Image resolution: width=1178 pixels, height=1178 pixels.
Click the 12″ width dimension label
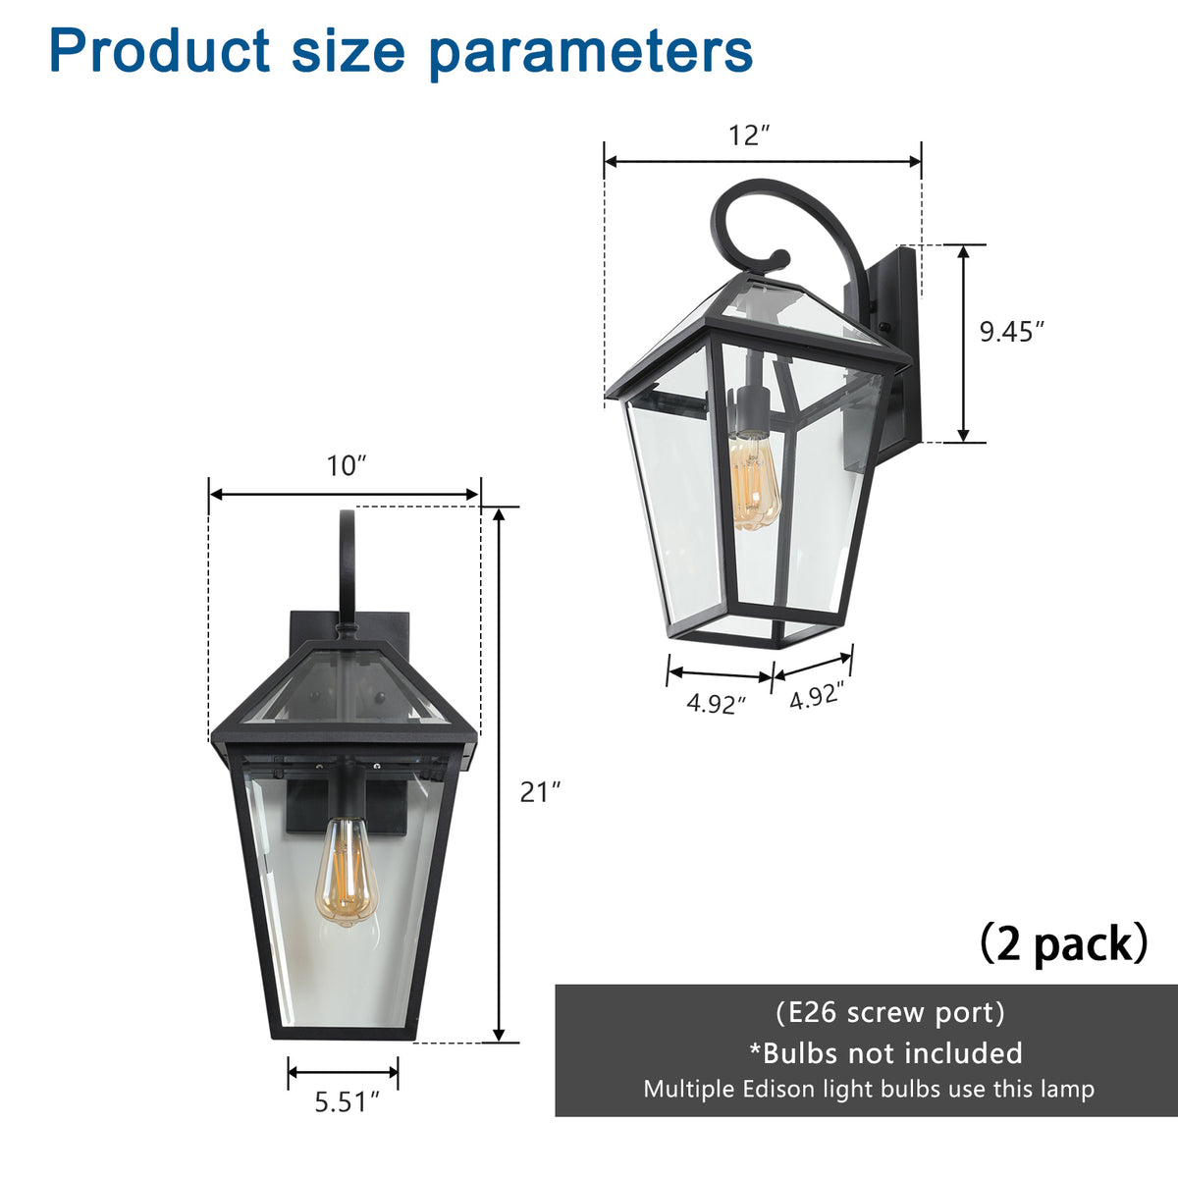[x=749, y=134]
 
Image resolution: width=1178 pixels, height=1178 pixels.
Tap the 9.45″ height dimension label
[x=1010, y=332]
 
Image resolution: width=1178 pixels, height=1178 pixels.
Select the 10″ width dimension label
[x=347, y=465]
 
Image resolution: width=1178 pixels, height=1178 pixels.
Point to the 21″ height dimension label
[x=540, y=791]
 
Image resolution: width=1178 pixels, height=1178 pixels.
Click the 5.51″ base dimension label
[x=347, y=1102]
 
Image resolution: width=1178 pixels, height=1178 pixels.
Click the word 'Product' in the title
[x=159, y=51]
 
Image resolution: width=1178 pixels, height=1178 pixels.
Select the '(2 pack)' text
[x=1064, y=944]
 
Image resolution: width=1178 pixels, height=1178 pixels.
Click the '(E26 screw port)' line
[x=889, y=1012]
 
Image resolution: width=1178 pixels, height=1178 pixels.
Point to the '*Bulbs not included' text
[x=885, y=1053]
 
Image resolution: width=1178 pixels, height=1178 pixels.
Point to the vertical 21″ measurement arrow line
[x=500, y=776]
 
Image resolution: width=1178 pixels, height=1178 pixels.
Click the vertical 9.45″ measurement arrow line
[x=964, y=344]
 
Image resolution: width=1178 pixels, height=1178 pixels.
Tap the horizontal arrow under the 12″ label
[x=763, y=161]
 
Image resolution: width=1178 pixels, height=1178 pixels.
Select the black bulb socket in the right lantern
[x=750, y=410]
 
